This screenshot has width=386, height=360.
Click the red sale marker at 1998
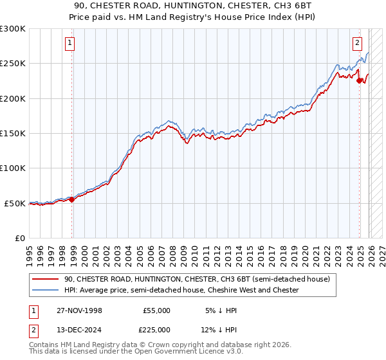71,199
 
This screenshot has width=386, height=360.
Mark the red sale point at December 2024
360,81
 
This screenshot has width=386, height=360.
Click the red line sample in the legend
46,279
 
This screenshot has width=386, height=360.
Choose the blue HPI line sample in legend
46,290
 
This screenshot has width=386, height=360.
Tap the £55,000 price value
156,310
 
